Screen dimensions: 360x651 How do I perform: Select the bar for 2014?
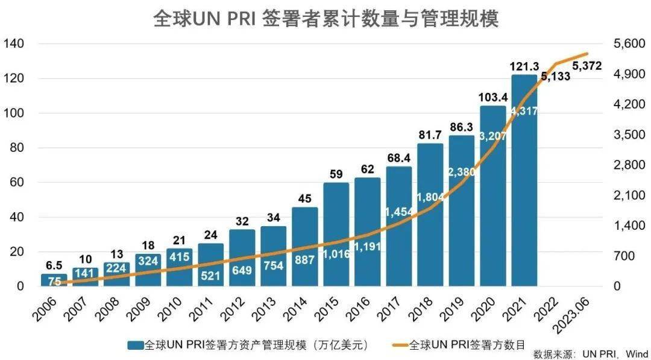[x=304, y=247]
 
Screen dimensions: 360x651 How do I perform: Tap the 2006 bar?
[x=54, y=280]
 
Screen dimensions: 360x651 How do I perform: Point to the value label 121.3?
[x=524, y=66]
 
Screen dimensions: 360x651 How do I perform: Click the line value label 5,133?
[x=555, y=77]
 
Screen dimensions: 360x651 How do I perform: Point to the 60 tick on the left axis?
[x=16, y=182]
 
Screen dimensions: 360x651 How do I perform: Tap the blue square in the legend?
[x=135, y=345]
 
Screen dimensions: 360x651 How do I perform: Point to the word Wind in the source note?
[x=635, y=353]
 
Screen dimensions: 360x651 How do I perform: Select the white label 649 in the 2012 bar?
[x=242, y=270]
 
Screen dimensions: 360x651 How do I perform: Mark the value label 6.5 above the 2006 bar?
[x=53, y=266]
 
